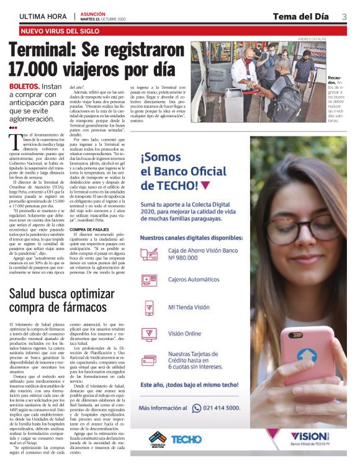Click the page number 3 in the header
[x=344, y=16]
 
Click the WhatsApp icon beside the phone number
[x=197, y=408]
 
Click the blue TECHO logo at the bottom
[x=186, y=439]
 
